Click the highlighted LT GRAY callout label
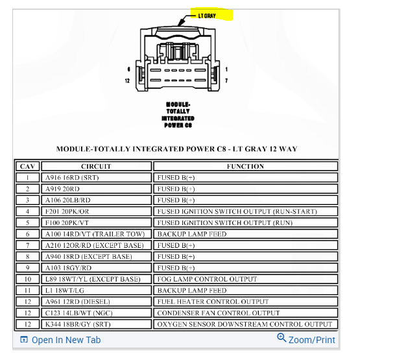point(207,15)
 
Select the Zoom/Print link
point(306,339)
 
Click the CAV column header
point(27,166)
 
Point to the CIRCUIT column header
point(96,166)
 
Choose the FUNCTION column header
point(245,166)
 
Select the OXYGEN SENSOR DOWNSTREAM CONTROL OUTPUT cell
point(245,324)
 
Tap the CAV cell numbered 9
point(27,268)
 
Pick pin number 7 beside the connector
point(226,80)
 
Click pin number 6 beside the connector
point(128,69)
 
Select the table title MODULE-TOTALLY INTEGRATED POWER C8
point(176,149)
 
